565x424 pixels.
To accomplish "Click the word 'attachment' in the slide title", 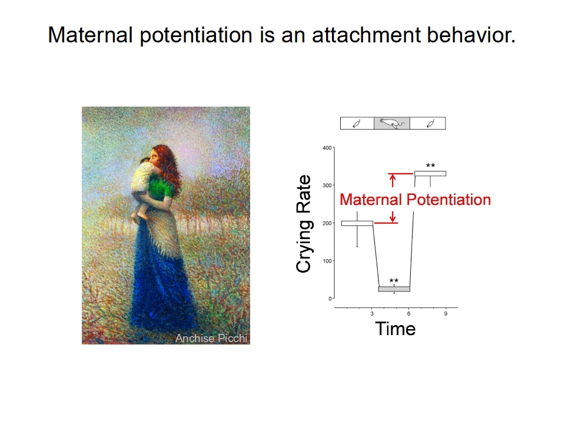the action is (x=366, y=35).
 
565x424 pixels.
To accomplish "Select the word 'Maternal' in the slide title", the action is (x=91, y=35).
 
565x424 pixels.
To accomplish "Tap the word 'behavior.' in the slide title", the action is (x=471, y=35).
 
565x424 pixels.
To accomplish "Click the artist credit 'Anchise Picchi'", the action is (x=211, y=338).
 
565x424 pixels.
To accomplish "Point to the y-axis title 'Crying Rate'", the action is (x=303, y=224).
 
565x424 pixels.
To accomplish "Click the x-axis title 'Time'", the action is (x=395, y=329).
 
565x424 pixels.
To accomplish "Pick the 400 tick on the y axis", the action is (x=327, y=148).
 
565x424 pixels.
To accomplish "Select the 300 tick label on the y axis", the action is (x=327, y=185).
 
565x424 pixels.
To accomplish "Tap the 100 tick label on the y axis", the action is (x=327, y=261).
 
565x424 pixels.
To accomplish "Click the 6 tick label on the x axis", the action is (x=408, y=314).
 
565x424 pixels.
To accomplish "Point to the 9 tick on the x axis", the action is (x=446, y=314).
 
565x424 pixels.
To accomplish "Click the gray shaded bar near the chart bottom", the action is (x=394, y=289).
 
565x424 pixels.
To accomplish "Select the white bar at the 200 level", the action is (x=357, y=224).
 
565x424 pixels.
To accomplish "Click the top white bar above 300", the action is (x=430, y=173).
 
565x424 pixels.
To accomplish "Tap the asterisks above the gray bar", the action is (x=394, y=280).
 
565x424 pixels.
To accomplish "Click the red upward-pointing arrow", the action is (x=393, y=180).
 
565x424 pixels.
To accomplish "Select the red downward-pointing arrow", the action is (x=393, y=216).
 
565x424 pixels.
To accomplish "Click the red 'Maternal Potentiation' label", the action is (x=415, y=200).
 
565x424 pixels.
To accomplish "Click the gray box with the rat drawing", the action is (x=392, y=123).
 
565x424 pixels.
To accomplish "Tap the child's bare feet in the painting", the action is (x=139, y=216).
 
